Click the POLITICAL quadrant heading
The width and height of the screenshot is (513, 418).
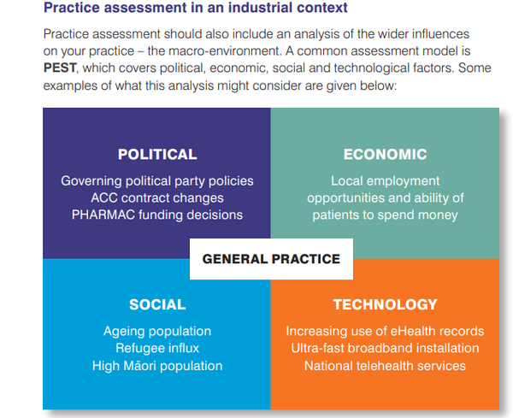[x=157, y=155]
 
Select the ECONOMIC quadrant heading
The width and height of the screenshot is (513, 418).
[x=385, y=155]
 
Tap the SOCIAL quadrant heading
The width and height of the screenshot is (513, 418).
[x=157, y=304]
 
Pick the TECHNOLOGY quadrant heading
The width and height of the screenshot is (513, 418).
[x=385, y=304]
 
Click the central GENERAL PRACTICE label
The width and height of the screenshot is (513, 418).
[x=271, y=259]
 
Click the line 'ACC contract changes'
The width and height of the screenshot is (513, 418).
[x=157, y=197]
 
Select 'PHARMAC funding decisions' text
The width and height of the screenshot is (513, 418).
[x=157, y=215]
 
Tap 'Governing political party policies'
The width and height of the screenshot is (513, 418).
[x=157, y=181]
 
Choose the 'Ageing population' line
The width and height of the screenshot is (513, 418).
[x=157, y=331]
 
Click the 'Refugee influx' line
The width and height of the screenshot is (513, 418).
[x=157, y=348]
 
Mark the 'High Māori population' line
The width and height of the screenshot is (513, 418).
[x=157, y=365]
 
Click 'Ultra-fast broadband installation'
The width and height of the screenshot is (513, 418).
[x=385, y=348]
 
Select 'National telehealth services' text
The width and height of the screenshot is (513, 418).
[x=385, y=365]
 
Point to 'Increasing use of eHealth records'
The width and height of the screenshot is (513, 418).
[x=385, y=331]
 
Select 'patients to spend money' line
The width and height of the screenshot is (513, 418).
[x=385, y=215]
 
